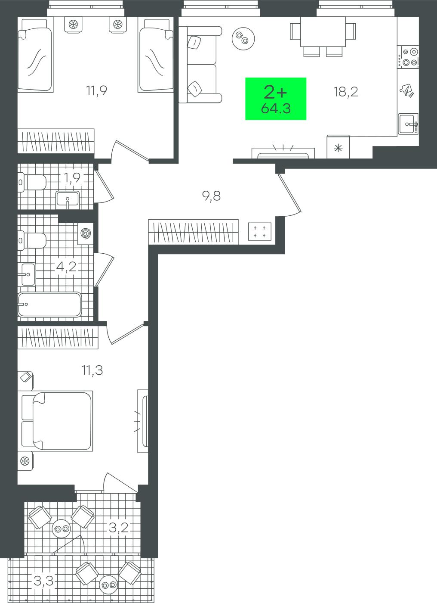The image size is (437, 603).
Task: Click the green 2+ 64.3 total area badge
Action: pyautogui.click(x=276, y=99)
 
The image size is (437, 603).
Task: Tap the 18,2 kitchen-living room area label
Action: pyautogui.click(x=346, y=92)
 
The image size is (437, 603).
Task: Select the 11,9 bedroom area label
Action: pyautogui.click(x=96, y=90)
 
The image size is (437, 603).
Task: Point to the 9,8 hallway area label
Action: pyautogui.click(x=211, y=196)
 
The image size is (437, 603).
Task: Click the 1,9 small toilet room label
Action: pyautogui.click(x=72, y=177)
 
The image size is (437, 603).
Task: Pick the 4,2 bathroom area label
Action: pyautogui.click(x=66, y=267)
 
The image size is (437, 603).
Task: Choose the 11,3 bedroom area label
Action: pyautogui.click(x=92, y=370)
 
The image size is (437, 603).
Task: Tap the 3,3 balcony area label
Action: pyautogui.click(x=43, y=579)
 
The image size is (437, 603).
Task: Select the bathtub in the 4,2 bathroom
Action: pyautogui.click(x=49, y=305)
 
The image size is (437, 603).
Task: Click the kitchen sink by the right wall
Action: pyautogui.click(x=408, y=124)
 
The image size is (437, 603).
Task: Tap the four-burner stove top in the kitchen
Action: pyautogui.click(x=408, y=57)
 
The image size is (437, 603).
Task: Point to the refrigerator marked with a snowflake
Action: pyautogui.click(x=338, y=147)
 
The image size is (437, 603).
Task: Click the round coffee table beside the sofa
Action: pyautogui.click(x=243, y=38)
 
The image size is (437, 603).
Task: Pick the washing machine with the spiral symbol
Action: pyautogui.click(x=86, y=233)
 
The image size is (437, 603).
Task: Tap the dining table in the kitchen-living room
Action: pyautogui.click(x=323, y=32)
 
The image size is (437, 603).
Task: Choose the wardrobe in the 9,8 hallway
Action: pyautogui.click(x=193, y=232)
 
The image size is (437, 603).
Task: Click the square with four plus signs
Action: pyautogui.click(x=260, y=232)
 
